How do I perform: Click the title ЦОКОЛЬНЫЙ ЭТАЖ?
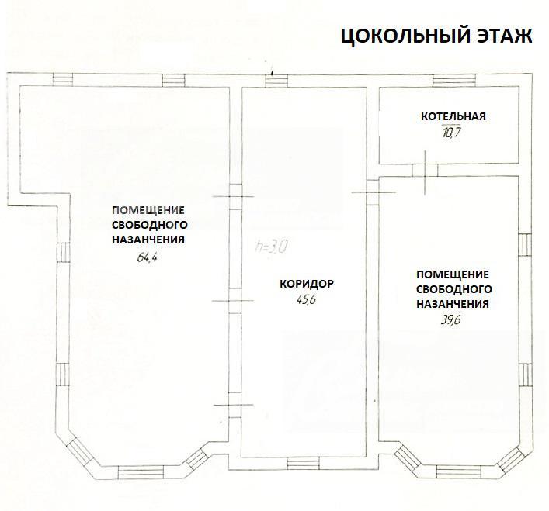(436, 36)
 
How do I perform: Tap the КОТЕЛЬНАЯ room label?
(453, 116)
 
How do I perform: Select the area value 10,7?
(451, 133)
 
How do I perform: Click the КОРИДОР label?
(307, 284)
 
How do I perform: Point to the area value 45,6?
(306, 299)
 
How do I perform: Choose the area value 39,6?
(450, 320)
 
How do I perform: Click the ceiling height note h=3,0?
(272, 247)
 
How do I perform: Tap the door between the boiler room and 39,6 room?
(425, 171)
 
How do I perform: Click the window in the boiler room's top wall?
(454, 81)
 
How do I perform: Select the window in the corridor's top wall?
(276, 81)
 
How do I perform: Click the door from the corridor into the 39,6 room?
(374, 192)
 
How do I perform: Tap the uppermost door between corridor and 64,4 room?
(235, 196)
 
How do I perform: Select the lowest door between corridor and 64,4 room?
(235, 405)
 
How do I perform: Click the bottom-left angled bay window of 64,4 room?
(80, 451)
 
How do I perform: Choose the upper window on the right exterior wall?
(525, 245)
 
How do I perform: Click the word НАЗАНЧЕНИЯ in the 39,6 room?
(453, 304)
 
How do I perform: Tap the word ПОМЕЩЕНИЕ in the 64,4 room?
(148, 210)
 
